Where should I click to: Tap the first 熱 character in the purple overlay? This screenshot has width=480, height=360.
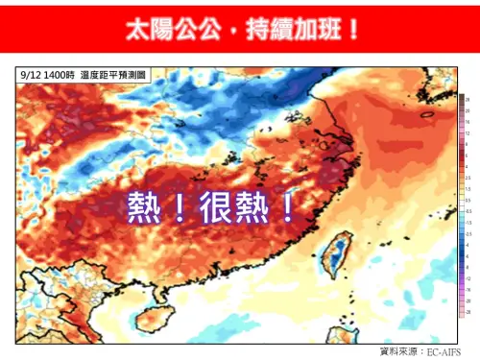144,207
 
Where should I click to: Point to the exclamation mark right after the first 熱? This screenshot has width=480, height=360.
177,207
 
